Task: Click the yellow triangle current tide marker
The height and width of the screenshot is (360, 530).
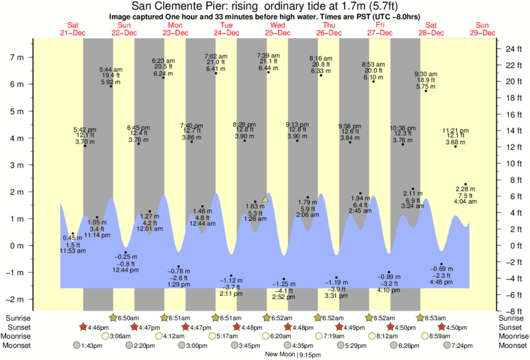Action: tap(265, 199)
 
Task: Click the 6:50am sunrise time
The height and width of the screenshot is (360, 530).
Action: tap(128, 317)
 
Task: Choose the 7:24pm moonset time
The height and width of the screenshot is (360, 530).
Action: tap(462, 345)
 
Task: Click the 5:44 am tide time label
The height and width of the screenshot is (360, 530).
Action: tap(110, 69)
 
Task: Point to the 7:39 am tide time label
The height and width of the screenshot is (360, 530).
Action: tap(269, 55)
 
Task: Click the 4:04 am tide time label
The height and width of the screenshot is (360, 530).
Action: tap(465, 201)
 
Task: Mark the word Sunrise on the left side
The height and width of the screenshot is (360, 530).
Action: tap(17, 317)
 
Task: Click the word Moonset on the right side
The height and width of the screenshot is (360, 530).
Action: tap(513, 345)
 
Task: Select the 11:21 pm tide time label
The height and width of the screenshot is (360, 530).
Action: tap(455, 130)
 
